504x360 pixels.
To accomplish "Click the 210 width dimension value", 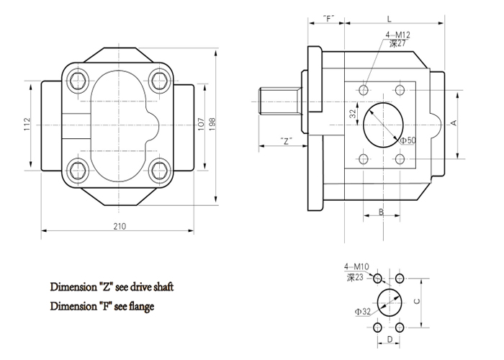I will click(120, 227).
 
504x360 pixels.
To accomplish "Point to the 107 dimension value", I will click(201, 123).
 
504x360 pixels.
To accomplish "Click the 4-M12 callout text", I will click(397, 35).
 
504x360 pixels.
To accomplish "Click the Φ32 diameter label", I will click(362, 312).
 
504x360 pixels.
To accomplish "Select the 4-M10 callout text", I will click(356, 266).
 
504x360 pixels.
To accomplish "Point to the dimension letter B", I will click(381, 212).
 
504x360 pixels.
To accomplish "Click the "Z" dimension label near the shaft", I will click(287, 141).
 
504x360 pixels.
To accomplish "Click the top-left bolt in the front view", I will click(76, 76).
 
